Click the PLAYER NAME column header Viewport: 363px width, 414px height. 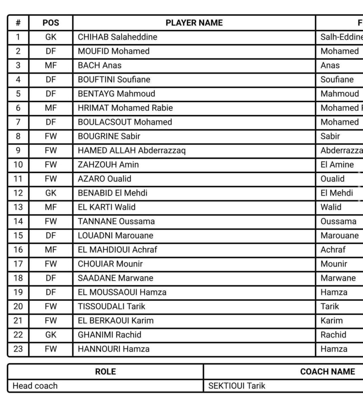click(194, 23)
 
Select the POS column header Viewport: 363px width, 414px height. click(51, 23)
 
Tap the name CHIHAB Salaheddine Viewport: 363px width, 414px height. click(117, 37)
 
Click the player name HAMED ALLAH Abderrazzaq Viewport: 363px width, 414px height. click(132, 150)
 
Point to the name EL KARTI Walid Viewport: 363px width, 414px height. click(106, 207)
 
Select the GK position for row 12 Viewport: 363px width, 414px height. click(51, 193)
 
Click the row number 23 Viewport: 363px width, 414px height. click(18, 349)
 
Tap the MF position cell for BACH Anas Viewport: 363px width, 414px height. click(51, 65)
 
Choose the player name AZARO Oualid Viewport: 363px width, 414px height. click(104, 179)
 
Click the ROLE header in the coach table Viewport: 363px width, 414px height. click(105, 372)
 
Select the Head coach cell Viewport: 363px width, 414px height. click(35, 386)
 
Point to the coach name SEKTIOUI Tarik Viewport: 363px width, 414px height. click(237, 386)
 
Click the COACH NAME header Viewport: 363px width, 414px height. click(327, 372)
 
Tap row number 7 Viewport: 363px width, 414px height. click(18, 122)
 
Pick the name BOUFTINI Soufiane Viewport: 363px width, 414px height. click(114, 80)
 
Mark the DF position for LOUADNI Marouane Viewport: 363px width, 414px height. click(51, 235)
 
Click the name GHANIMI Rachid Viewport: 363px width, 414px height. click(109, 334)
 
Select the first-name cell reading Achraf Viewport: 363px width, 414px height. click(333, 249)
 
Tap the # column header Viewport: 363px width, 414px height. click(18, 23)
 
